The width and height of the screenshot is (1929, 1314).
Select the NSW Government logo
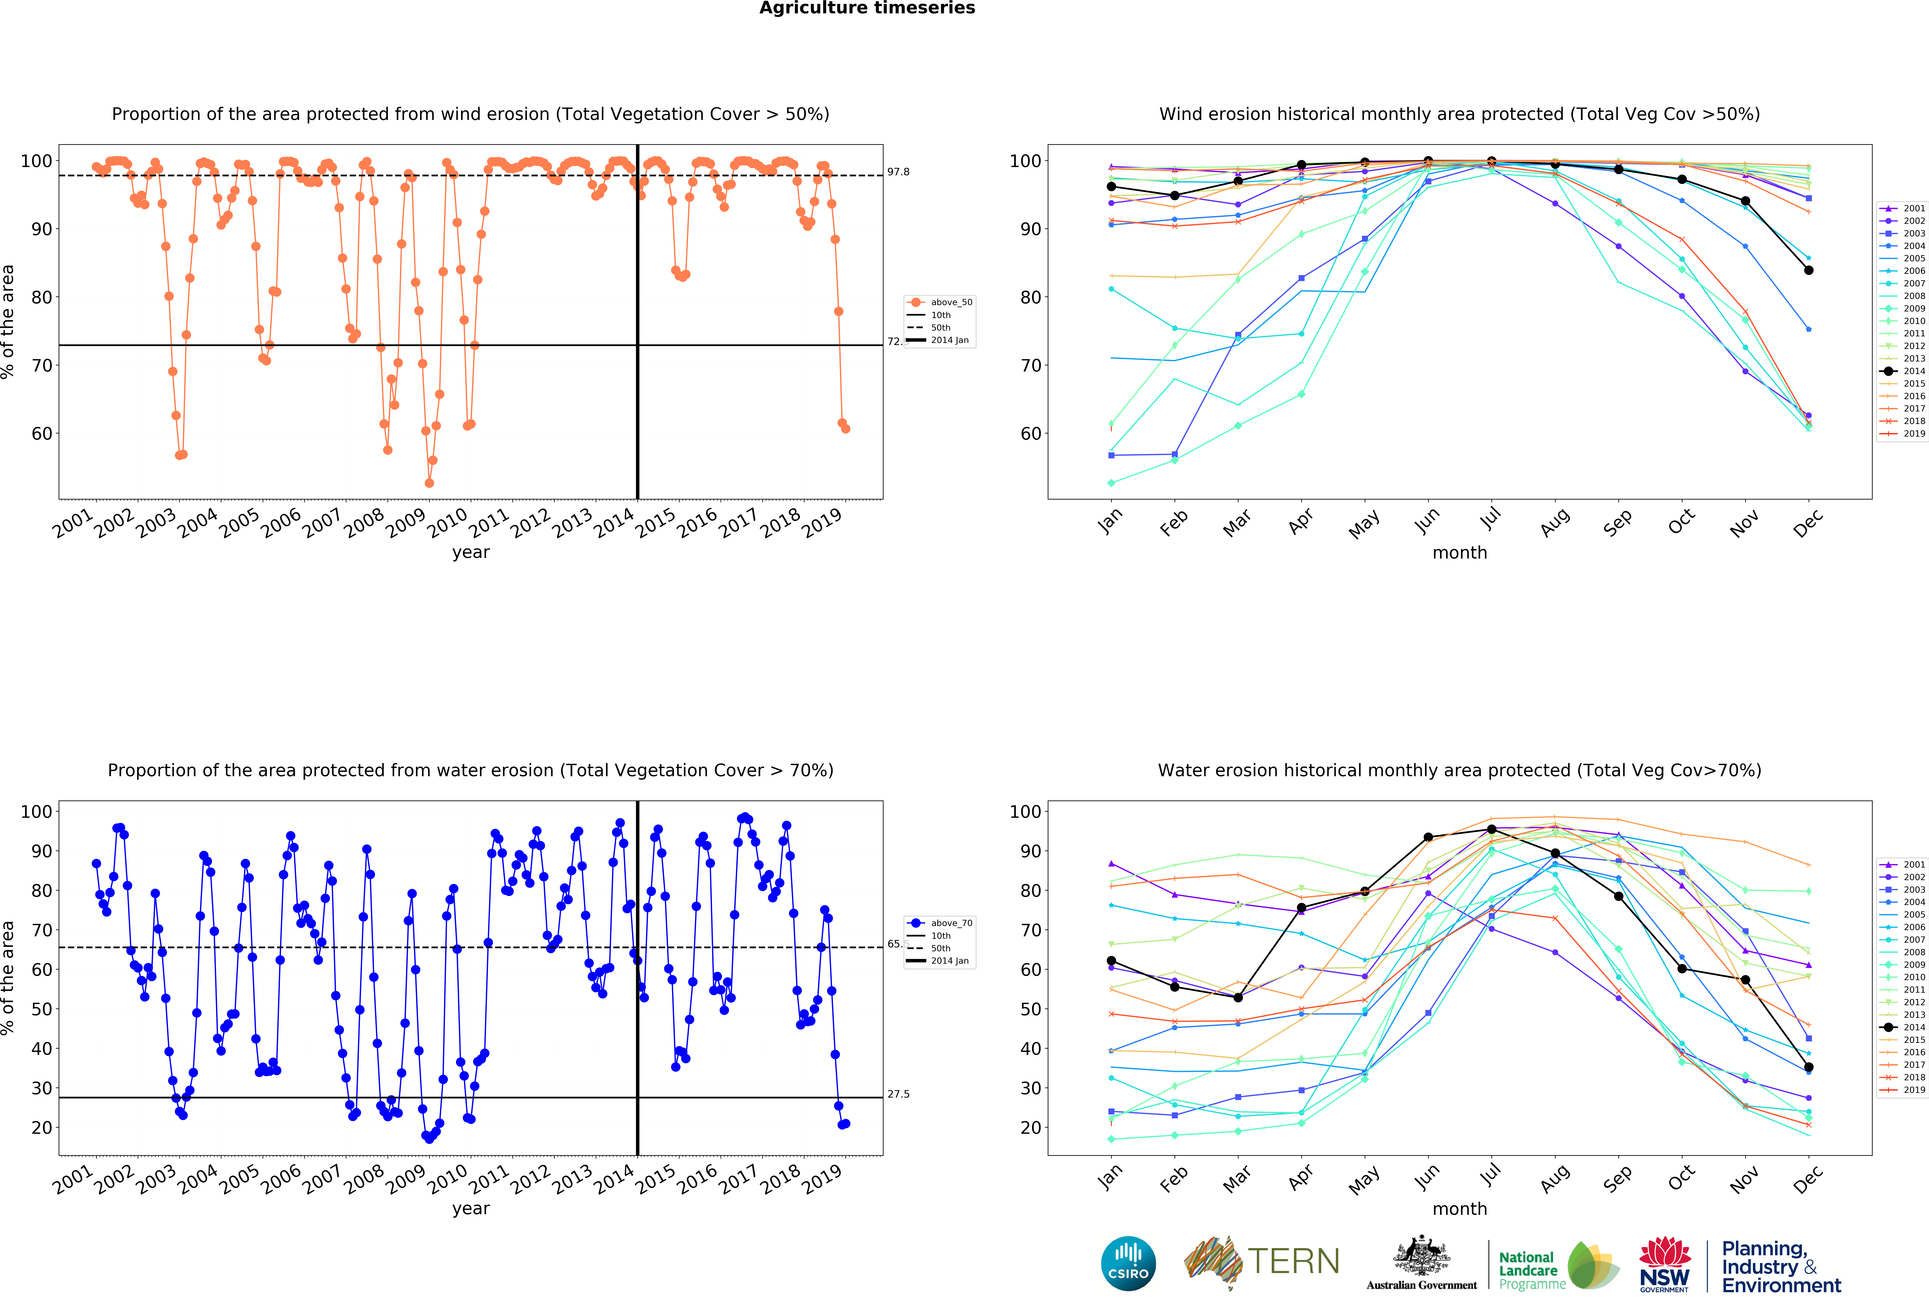(1664, 1265)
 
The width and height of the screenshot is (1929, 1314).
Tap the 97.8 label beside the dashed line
(898, 172)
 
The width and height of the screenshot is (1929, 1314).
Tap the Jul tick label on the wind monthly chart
(1491, 518)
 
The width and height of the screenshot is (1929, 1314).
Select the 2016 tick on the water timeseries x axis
(697, 1179)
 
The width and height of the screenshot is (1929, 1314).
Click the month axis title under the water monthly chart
(1459, 1209)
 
